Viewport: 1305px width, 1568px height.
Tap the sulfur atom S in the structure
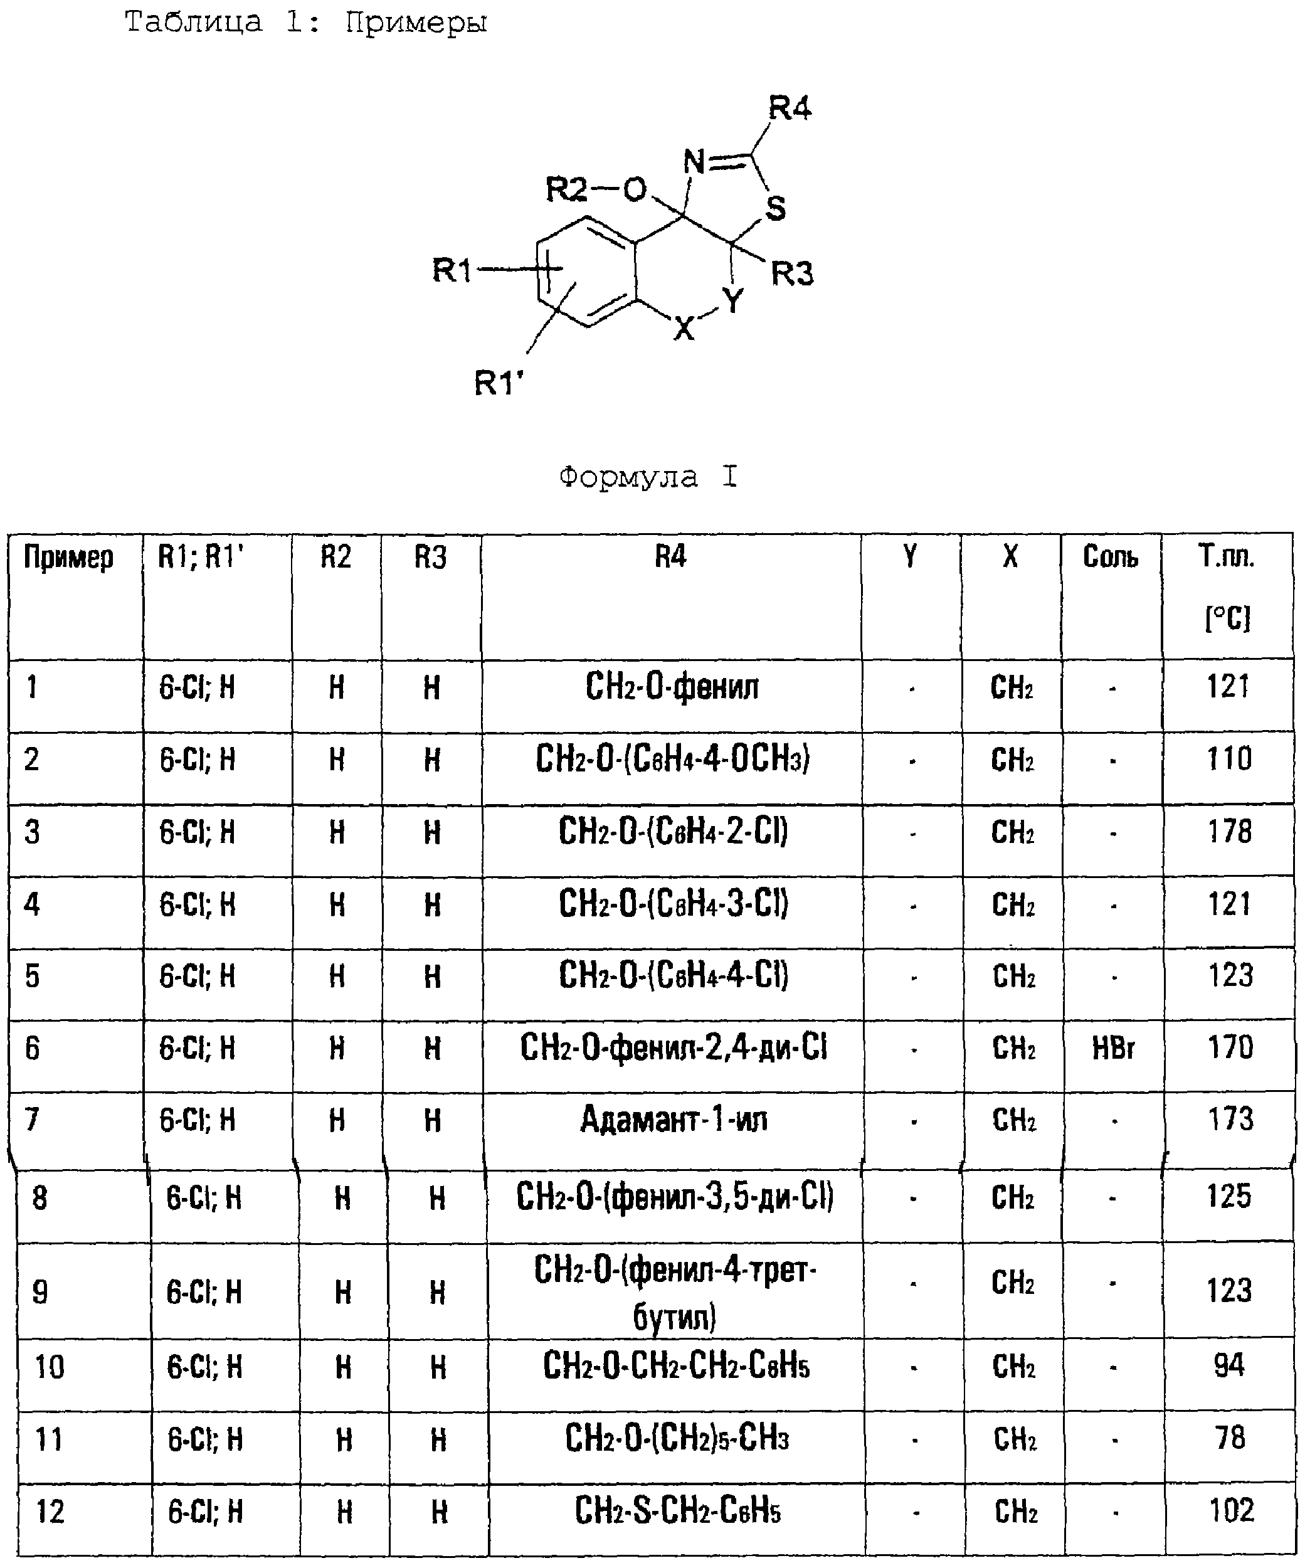776,208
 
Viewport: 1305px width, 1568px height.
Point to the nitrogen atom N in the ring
694,162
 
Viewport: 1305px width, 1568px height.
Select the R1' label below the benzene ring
499,383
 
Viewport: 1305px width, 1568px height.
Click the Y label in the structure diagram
734,301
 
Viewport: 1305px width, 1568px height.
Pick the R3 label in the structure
792,274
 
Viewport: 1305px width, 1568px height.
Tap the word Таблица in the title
193,23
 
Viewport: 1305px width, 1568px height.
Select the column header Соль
1111,556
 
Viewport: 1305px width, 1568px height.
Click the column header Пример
69,558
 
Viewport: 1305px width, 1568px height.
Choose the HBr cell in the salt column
1113,1048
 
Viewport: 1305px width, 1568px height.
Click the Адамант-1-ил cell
674,1120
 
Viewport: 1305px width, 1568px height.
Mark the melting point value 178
1230,831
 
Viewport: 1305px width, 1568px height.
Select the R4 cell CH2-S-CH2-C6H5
678,1512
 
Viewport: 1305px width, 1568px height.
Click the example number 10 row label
50,1367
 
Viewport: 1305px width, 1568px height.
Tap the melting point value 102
1231,1510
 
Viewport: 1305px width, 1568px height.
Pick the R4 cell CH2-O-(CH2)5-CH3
677,1439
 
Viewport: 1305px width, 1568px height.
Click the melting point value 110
1229,759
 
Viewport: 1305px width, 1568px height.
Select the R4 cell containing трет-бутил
675,1293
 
